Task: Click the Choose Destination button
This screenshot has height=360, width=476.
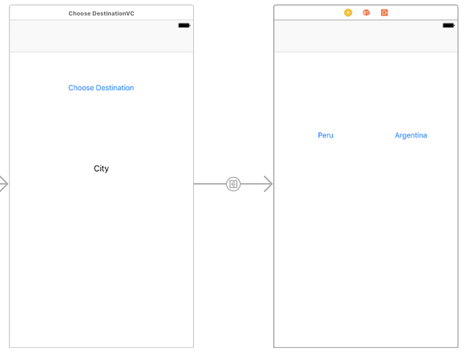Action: (101, 88)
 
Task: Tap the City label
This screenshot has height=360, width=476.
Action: (101, 169)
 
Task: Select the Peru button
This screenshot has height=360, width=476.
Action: (326, 135)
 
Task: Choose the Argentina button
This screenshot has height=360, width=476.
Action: (411, 135)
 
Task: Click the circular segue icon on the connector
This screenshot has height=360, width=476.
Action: (233, 184)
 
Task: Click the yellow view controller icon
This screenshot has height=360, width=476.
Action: (348, 13)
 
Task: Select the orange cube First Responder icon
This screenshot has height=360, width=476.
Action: (367, 13)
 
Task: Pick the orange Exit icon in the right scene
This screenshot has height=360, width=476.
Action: (384, 13)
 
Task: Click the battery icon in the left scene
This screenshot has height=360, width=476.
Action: (184, 26)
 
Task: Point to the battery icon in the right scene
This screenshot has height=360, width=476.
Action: (449, 26)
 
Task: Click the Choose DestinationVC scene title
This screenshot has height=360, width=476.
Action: (101, 14)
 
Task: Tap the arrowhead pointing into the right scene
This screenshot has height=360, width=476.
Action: (268, 184)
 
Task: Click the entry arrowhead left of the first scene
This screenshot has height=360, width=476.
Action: (3, 184)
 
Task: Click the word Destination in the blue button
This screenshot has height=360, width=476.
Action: (115, 88)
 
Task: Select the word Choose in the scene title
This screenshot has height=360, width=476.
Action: (80, 14)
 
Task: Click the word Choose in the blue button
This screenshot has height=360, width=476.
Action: (81, 88)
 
